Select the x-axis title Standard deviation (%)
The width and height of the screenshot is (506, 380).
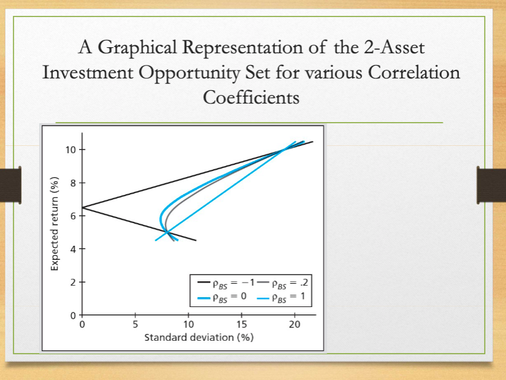pyautogui.click(x=198, y=338)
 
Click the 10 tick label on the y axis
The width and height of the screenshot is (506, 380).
pyautogui.click(x=71, y=150)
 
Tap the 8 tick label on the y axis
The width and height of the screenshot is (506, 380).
pyautogui.click(x=74, y=183)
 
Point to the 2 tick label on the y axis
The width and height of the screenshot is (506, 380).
pyautogui.click(x=74, y=282)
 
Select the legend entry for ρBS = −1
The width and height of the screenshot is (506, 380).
pyautogui.click(x=226, y=283)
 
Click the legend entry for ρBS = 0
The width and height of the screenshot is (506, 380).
pyautogui.click(x=222, y=298)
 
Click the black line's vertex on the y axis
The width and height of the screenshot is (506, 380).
pyautogui.click(x=82, y=208)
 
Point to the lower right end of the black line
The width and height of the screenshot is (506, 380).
pyautogui.click(x=195, y=240)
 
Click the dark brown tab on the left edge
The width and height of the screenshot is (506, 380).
pyautogui.click(x=11, y=184)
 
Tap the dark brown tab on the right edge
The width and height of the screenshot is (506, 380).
pyautogui.click(x=492, y=184)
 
